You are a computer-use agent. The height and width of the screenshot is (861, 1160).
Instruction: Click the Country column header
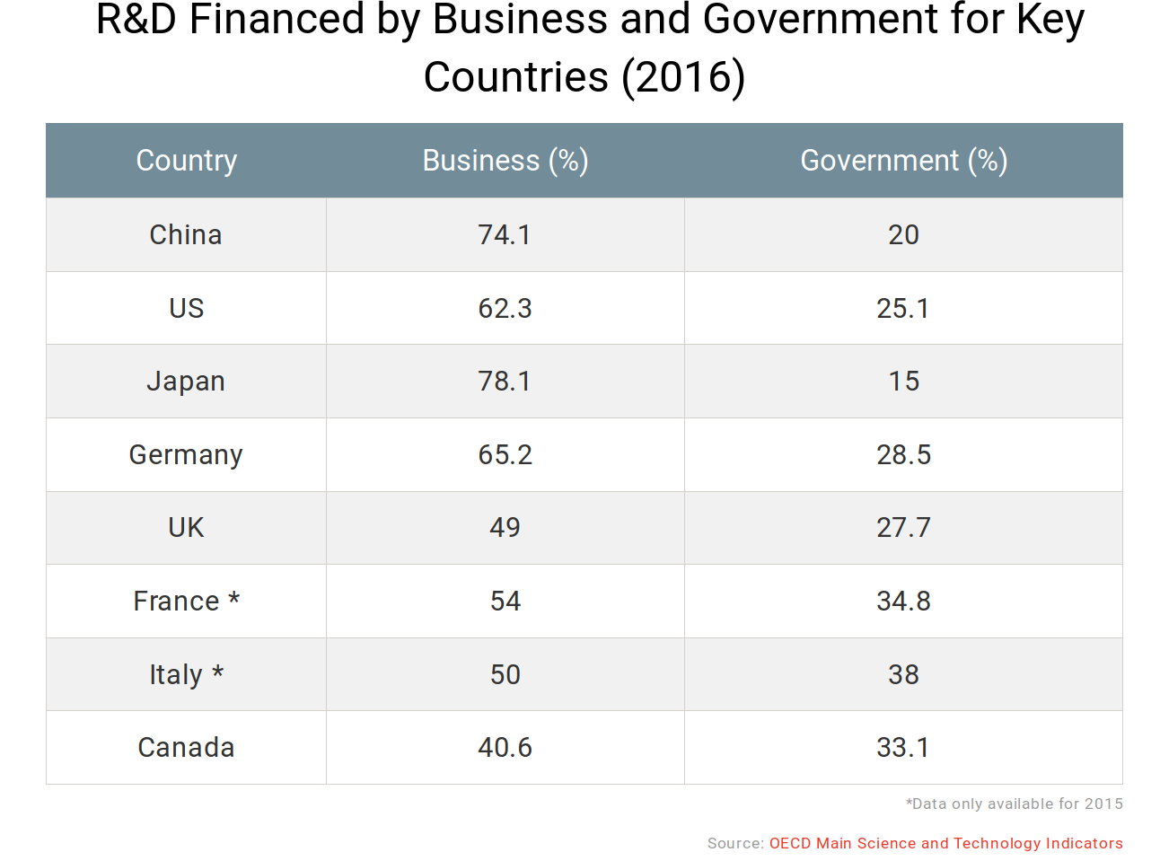point(187,161)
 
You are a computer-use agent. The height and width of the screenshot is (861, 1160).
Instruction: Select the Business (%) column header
point(505,161)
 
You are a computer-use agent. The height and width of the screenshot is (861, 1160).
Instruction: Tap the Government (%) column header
point(903,161)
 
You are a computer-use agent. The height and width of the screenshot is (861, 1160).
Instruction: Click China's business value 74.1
point(505,235)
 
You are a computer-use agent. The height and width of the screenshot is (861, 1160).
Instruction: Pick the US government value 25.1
point(903,309)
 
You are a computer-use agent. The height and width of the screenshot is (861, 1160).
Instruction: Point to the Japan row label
point(186,382)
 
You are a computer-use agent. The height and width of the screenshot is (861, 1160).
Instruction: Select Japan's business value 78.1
point(505,382)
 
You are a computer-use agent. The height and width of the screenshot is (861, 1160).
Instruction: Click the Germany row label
point(186,455)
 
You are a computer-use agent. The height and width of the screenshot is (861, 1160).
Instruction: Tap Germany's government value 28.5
point(903,455)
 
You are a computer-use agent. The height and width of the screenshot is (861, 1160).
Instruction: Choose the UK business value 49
point(505,528)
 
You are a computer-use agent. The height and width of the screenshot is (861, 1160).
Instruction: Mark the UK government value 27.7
point(903,528)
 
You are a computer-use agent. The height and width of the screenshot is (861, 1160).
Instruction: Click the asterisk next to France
point(234,599)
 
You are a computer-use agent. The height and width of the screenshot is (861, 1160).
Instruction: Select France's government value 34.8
point(903,602)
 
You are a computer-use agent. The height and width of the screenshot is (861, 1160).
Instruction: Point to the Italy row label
point(176,675)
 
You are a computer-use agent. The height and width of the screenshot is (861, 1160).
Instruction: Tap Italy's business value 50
point(505,675)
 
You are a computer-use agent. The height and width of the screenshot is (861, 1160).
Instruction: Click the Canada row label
point(186,748)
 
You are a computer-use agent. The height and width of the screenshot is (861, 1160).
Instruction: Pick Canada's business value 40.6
point(505,748)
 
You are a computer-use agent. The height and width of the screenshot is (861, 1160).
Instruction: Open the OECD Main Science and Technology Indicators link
point(945,843)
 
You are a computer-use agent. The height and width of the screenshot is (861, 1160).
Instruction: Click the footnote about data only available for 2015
point(1014,804)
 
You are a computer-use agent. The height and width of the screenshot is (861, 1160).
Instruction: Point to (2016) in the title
point(683,77)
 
